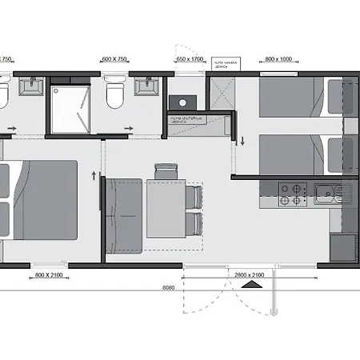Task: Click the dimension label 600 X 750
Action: (x=116, y=58)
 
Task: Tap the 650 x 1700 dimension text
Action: (x=190, y=58)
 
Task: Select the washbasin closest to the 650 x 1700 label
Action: (x=146, y=84)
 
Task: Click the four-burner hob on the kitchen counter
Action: (x=293, y=192)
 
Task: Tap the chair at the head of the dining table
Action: (x=166, y=170)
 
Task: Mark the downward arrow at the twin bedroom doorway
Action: (x=242, y=142)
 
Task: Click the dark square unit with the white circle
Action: (x=182, y=102)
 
